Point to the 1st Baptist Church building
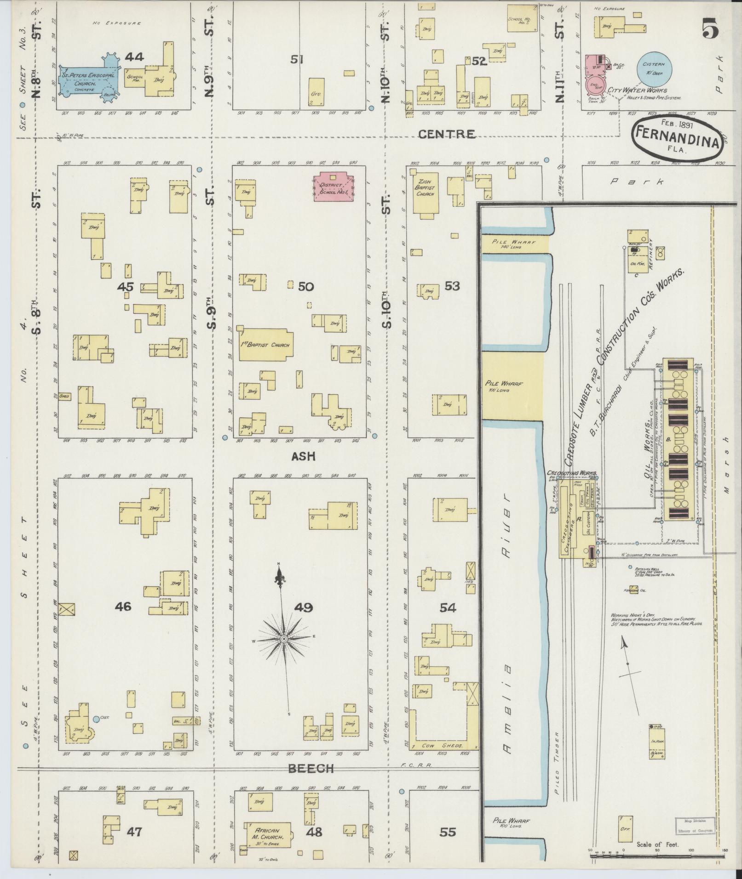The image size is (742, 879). tap(265, 345)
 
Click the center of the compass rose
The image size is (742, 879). tap(284, 639)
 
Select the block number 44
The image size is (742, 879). tap(134, 57)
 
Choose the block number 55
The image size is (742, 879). tap(447, 832)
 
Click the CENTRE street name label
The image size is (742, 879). tap(447, 134)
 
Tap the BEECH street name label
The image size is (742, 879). tap(311, 768)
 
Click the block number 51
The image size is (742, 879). tap(298, 59)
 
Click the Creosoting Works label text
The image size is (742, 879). tap(572, 473)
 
